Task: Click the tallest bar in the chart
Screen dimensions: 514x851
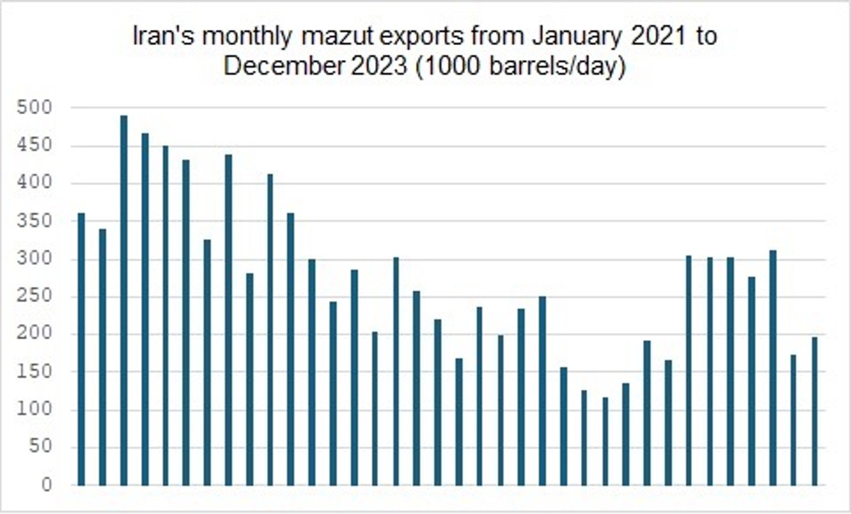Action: [x=124, y=300]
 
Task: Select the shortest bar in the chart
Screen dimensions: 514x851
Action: [x=605, y=441]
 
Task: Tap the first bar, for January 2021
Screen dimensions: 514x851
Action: [x=81, y=349]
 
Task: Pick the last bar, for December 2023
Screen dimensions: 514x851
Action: [x=814, y=411]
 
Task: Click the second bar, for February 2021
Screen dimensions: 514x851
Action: [x=103, y=357]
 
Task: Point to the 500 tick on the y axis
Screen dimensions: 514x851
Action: [x=35, y=108]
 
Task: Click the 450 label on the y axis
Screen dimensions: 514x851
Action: [x=35, y=146]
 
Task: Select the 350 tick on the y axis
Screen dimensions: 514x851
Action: [x=35, y=221]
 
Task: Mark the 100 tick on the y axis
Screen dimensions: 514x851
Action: [x=35, y=409]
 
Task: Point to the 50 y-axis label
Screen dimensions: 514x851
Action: [x=40, y=446]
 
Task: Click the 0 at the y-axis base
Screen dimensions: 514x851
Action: [x=47, y=485]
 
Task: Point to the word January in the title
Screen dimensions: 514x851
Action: [x=577, y=37]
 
